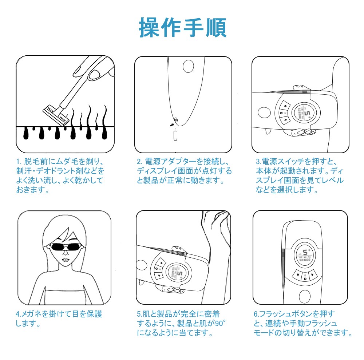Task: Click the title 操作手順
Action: tap(182, 27)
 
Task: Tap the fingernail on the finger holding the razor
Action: tap(96, 74)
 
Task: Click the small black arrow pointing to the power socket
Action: tap(171, 125)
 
